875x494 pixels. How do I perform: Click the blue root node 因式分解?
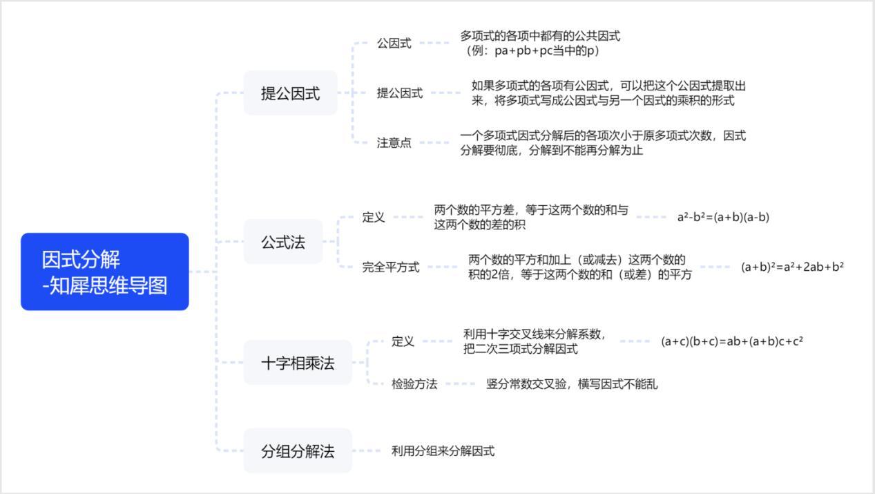104,272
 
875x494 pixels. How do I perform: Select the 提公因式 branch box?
290,93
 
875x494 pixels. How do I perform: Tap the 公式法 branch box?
282,242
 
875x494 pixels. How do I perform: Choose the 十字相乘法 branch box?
297,363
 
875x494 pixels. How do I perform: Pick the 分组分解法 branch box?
297,451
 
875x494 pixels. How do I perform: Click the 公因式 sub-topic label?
394,43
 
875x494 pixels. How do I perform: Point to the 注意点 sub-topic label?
394,143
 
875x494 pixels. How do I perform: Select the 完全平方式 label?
390,267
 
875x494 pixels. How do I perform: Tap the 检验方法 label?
414,384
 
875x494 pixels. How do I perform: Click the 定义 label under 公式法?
374,217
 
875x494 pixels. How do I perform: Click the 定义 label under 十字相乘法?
403,341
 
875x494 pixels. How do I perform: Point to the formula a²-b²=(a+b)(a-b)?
723,217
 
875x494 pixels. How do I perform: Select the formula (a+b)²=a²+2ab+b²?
792,267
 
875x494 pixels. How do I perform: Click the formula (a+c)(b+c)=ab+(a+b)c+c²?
731,341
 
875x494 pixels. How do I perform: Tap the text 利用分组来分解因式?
443,451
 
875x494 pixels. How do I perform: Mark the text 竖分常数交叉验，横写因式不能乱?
572,384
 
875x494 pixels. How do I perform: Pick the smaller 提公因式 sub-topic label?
399,93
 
